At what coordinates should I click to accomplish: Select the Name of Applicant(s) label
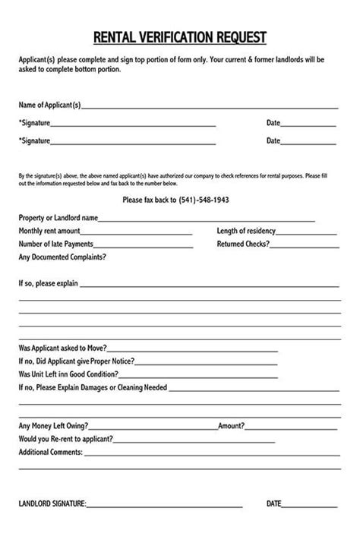coord(49,105)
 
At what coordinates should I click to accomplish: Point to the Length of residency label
coord(245,231)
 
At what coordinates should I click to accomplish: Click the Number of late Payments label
coord(56,244)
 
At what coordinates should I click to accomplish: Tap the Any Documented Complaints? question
coord(62,257)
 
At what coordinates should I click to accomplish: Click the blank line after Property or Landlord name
coord(207,218)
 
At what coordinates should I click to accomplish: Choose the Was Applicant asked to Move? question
coord(62,348)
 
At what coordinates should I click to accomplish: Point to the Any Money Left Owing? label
coord(53,426)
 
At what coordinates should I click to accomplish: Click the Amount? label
coord(231,426)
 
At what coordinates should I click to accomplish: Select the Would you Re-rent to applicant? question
coord(66,439)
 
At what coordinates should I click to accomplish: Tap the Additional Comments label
coord(50,452)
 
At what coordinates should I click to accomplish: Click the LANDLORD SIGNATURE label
coord(52,503)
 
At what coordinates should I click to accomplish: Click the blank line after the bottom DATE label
coord(310,505)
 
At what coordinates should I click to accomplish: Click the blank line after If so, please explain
coord(209,284)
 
